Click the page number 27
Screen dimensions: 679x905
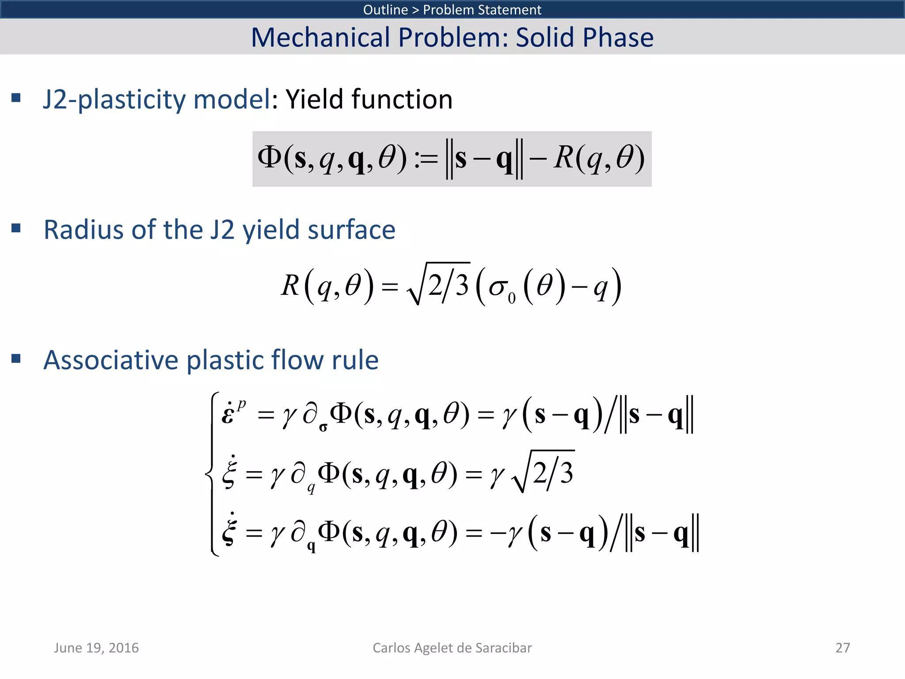click(x=842, y=648)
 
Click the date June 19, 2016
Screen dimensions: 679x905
click(x=96, y=648)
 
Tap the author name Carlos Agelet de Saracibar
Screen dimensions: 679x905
click(x=452, y=648)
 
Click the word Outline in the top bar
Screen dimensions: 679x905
click(x=385, y=10)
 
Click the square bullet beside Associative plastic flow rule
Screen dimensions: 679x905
click(x=16, y=358)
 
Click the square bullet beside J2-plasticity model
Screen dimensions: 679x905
click(x=16, y=98)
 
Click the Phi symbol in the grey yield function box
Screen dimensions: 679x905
click(x=269, y=157)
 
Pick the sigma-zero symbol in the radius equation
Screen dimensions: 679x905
click(x=502, y=288)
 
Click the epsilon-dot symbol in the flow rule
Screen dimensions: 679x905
click(x=228, y=414)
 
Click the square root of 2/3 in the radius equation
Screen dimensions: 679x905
click(x=439, y=285)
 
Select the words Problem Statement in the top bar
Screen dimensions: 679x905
click(x=482, y=10)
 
